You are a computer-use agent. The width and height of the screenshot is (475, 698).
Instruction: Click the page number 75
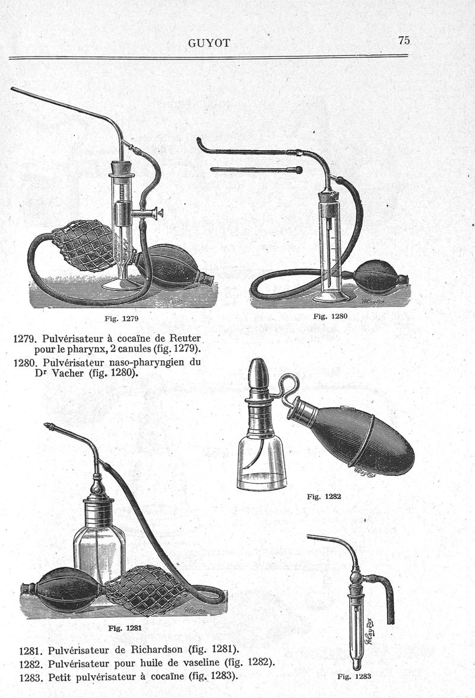(404, 40)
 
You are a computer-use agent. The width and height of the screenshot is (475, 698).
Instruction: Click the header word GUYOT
(209, 43)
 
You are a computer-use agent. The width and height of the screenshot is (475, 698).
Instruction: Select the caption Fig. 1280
(330, 316)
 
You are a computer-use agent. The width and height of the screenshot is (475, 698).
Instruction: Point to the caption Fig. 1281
(125, 628)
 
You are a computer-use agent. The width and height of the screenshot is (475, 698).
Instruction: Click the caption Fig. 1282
(324, 497)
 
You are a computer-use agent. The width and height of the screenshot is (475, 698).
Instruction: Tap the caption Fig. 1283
(354, 677)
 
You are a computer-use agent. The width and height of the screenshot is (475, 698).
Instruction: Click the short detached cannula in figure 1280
(256, 170)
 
